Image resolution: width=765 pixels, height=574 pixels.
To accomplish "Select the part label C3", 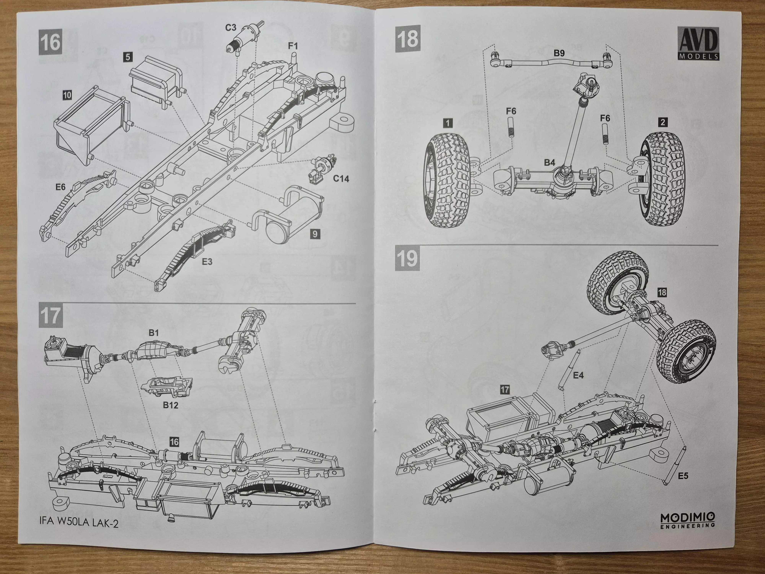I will (x=231, y=28).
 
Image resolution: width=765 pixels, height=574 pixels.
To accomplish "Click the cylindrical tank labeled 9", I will (x=287, y=216).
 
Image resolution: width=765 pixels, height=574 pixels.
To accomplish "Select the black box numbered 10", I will (x=67, y=95).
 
